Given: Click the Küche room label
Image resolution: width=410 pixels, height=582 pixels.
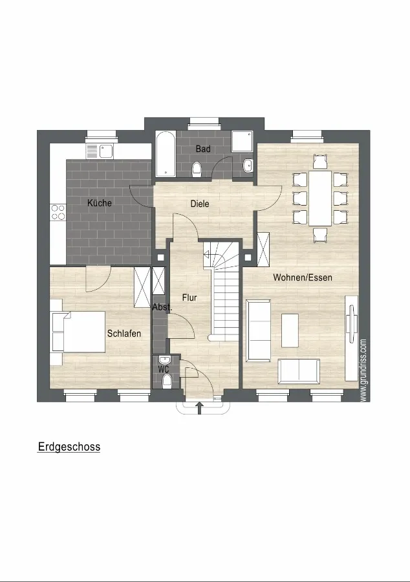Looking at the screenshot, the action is click(100, 203).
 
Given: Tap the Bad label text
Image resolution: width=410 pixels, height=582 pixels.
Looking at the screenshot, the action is click(203, 149).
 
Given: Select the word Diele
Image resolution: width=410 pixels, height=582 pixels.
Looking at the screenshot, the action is click(200, 204).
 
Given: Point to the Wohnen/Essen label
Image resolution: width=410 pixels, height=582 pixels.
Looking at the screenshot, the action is click(303, 277).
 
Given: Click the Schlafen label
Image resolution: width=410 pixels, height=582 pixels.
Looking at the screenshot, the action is click(124, 333).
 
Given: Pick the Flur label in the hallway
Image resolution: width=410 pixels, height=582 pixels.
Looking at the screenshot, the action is click(189, 297).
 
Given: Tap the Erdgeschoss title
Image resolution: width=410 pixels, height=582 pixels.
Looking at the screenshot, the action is click(69, 446).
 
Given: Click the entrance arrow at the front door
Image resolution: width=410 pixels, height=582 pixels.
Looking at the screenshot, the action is click(200, 407).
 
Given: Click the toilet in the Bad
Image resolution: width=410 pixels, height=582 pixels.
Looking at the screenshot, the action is click(197, 169).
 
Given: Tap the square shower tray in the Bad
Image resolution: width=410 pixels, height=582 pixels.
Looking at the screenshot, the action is click(242, 141).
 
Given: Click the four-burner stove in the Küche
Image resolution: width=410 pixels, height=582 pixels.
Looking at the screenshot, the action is click(58, 212).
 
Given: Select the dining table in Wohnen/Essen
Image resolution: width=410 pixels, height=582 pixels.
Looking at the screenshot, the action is click(320, 199).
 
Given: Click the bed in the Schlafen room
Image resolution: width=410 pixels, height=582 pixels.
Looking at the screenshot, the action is click(78, 332).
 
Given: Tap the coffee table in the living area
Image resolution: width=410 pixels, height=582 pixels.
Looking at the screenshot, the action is click(290, 330).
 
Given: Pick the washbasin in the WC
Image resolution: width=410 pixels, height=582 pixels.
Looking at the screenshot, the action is click(164, 360).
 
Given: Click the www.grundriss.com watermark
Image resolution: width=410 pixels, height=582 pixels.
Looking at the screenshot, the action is click(363, 370).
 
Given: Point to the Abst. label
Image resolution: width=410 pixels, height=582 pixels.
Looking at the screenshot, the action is click(162, 307).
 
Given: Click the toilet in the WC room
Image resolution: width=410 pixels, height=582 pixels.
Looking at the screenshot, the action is click(167, 380).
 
